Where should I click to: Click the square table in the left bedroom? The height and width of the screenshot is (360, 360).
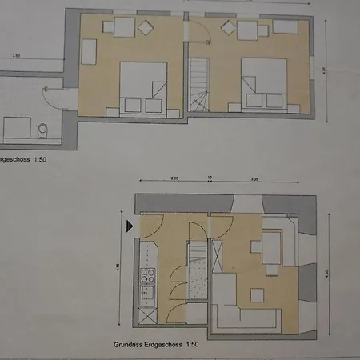(x=123, y=29)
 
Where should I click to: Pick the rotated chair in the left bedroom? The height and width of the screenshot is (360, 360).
(x=145, y=28)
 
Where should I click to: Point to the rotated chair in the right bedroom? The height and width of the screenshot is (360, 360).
(x=226, y=30)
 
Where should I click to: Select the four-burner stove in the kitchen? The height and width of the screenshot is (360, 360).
(x=148, y=278)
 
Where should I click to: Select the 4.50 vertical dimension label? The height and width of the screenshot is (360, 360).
(x=326, y=274)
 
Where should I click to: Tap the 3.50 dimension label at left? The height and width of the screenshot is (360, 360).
(x=16, y=55)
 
